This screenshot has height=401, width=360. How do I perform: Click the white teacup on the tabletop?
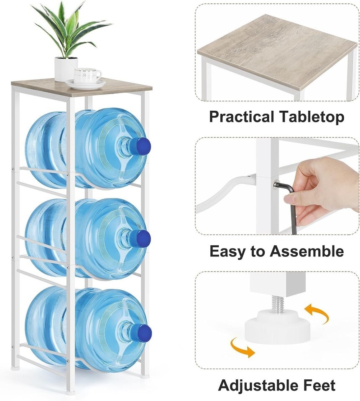(87, 76)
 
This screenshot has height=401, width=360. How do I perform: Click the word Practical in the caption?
(241, 117)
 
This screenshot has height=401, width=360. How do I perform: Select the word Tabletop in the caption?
(311, 117)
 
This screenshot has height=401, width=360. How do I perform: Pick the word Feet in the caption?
(318, 385)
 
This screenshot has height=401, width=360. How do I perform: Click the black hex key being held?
(290, 202)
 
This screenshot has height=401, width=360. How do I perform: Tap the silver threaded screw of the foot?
(278, 304)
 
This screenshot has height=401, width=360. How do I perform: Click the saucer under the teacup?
(86, 84)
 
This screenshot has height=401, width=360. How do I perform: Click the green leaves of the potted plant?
(69, 28)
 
